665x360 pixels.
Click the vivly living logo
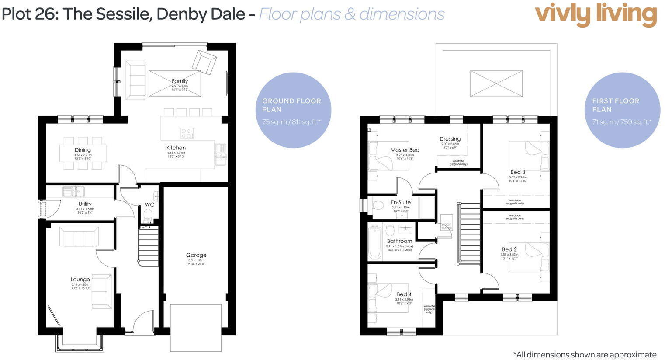[596, 14]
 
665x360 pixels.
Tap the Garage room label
[196, 255]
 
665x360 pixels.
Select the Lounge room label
[80, 280]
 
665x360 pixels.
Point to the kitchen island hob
[187, 133]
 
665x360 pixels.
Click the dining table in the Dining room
[83, 153]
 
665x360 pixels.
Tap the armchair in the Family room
[204, 62]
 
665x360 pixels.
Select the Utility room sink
[73, 191]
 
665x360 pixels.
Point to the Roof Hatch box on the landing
[447, 222]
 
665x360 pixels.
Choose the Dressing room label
[450, 139]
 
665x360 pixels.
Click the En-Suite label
[401, 202]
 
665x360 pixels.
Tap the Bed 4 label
[404, 294]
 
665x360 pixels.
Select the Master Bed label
[405, 150]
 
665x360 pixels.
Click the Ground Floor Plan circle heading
[291, 105]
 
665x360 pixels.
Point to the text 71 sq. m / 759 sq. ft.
[622, 122]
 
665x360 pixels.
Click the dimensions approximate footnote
[585, 354]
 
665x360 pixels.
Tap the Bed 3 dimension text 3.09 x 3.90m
[518, 177]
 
